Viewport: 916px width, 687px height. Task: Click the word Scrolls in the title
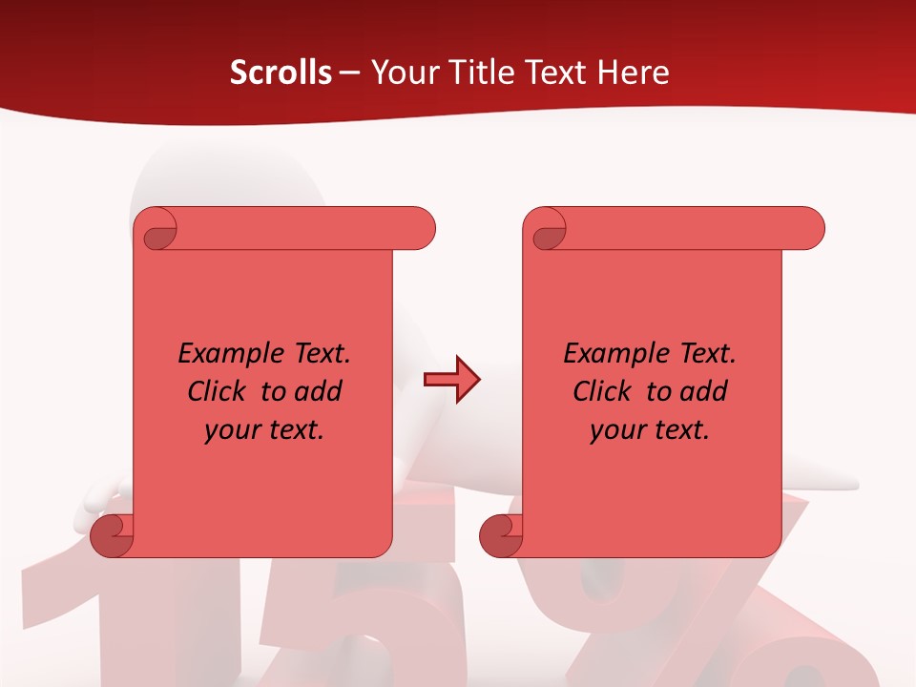pyautogui.click(x=281, y=73)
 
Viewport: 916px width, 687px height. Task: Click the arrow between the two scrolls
pyautogui.click(x=451, y=380)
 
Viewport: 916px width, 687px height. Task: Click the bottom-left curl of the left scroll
pyautogui.click(x=113, y=535)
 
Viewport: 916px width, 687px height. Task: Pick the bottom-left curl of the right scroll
pyautogui.click(x=502, y=535)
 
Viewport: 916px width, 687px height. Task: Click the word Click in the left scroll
pyautogui.click(x=219, y=391)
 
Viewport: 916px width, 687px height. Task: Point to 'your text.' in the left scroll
pyautogui.click(x=264, y=430)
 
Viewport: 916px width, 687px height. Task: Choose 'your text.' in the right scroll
pyautogui.click(x=650, y=430)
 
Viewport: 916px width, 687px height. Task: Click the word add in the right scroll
pyautogui.click(x=704, y=391)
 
